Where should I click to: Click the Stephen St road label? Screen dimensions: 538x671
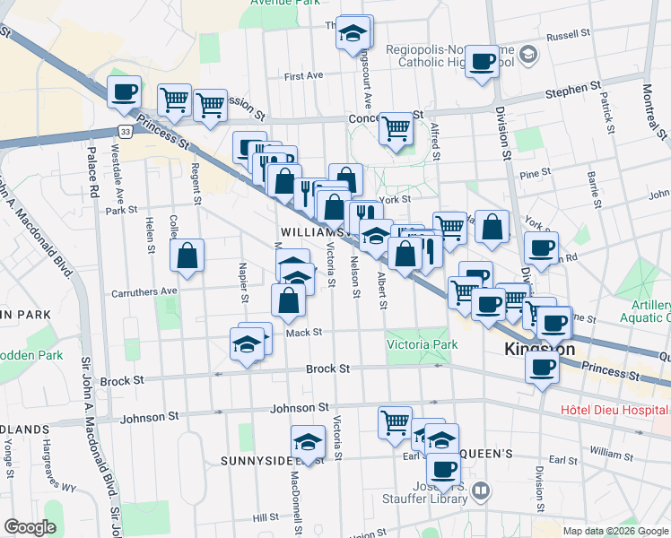[576, 90]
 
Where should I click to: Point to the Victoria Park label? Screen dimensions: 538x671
[422, 344]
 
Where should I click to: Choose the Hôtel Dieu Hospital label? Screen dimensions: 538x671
[614, 411]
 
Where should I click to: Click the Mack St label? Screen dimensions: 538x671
[304, 333]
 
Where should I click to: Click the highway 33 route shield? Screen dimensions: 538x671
[126, 131]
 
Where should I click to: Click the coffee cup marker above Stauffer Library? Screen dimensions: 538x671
[441, 468]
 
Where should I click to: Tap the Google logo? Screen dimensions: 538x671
[30, 527]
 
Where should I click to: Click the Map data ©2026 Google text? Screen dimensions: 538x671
[615, 531]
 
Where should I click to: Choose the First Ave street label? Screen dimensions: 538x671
[303, 75]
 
